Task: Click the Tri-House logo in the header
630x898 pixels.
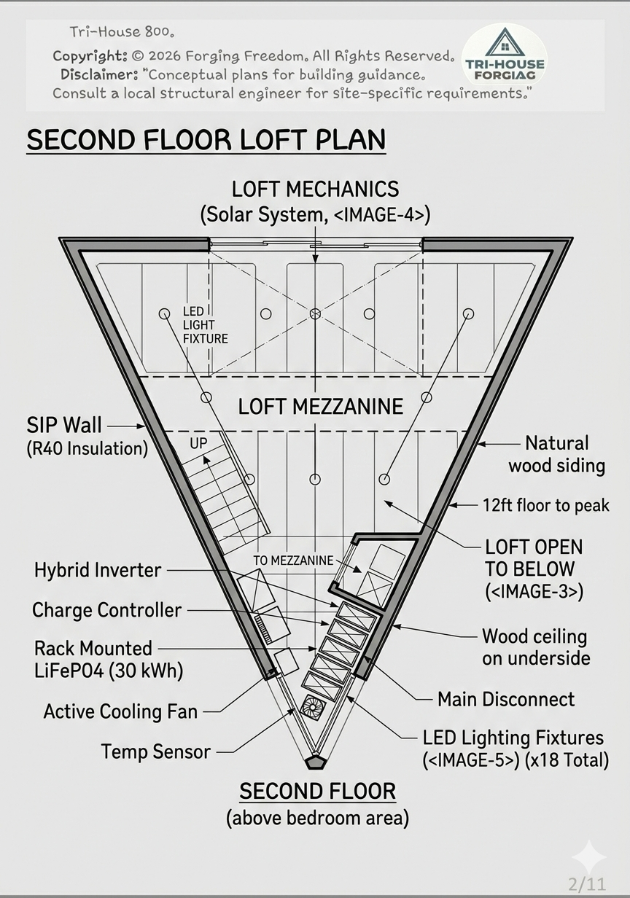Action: [505, 54]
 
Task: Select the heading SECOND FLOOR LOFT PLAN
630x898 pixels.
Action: [206, 140]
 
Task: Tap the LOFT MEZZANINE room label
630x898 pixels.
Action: [320, 407]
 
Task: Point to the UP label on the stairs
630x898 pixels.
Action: [198, 443]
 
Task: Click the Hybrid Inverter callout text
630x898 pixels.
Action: [98, 571]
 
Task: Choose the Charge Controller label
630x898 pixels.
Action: [106, 610]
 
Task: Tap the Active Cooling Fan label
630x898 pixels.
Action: [120, 711]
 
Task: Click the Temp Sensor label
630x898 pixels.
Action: [155, 751]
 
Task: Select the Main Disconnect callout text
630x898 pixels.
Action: [506, 699]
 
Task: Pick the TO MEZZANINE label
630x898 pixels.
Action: [293, 561]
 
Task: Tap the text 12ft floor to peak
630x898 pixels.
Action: [546, 505]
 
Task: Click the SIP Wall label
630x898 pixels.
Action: [64, 425]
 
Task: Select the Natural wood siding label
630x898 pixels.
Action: [556, 455]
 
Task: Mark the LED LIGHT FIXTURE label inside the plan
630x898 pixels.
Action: [205, 325]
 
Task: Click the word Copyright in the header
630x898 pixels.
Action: [90, 56]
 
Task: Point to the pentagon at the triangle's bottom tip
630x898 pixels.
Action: [316, 763]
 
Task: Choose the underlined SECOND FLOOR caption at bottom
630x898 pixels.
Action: [318, 792]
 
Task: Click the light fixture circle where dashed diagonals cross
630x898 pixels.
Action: [315, 313]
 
